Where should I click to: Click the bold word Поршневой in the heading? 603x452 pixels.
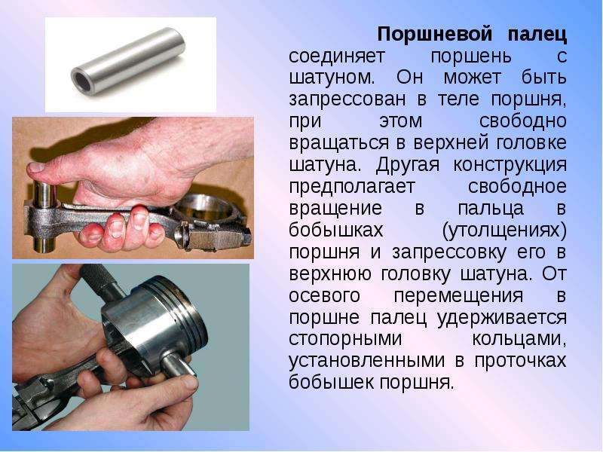click(x=434, y=35)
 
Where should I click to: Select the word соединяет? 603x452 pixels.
click(x=336, y=56)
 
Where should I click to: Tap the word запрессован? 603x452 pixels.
click(x=347, y=100)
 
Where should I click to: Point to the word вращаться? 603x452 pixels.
click(x=338, y=143)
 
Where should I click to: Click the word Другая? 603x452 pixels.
click(x=407, y=165)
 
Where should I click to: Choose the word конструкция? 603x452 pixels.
click(x=510, y=165)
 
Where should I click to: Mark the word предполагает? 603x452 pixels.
click(x=352, y=187)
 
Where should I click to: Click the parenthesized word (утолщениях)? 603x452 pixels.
click(x=504, y=231)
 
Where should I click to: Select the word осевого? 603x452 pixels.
click(x=324, y=296)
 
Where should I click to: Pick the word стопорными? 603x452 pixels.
click(x=345, y=339)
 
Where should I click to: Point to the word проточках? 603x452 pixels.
click(x=520, y=362)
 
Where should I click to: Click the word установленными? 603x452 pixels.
click(x=366, y=362)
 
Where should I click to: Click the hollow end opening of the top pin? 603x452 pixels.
click(x=81, y=81)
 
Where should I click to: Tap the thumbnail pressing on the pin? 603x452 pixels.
click(x=36, y=167)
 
